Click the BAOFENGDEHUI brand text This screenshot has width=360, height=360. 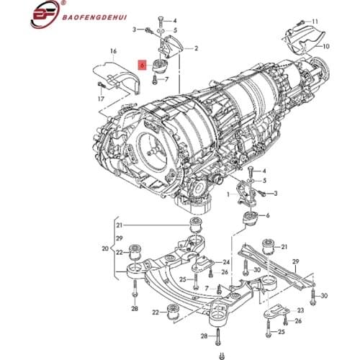click(x=95, y=17)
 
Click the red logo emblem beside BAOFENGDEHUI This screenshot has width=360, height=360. click(x=45, y=14)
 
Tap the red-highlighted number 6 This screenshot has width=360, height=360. click(x=142, y=65)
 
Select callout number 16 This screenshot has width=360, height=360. click(x=113, y=51)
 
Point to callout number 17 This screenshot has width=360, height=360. click(x=101, y=99)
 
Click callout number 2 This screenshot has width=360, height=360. click(x=196, y=48)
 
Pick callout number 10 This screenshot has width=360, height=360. click(x=326, y=46)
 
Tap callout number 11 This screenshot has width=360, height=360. click(x=315, y=22)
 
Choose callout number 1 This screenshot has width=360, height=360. click(x=228, y=194)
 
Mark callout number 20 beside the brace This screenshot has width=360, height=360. click(x=105, y=248)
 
